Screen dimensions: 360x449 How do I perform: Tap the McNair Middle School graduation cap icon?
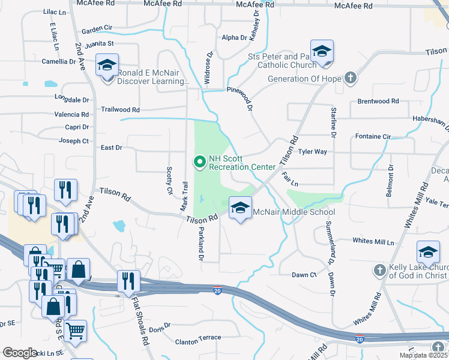pyautogui.click(x=240, y=208)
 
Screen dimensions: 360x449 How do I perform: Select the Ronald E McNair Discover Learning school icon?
pyautogui.click(x=107, y=66)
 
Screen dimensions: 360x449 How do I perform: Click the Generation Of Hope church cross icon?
pyautogui.click(x=351, y=79)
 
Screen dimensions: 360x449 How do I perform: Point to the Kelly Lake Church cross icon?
pyautogui.click(x=379, y=270)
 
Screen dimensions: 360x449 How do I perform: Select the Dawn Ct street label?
pyautogui.click(x=304, y=275)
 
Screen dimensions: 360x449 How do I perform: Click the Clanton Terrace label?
pyautogui.click(x=198, y=338)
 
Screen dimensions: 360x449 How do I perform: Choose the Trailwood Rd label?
pyautogui.click(x=120, y=110)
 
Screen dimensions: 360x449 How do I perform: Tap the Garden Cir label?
pyautogui.click(x=97, y=28)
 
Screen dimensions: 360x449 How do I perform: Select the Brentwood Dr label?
pyautogui.click(x=378, y=101)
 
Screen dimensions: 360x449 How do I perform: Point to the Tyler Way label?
pyautogui.click(x=313, y=152)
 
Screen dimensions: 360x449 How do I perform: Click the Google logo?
pyautogui.click(x=20, y=353)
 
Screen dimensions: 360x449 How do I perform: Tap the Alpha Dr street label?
pyautogui.click(x=234, y=37)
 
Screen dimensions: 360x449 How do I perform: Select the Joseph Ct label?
pyautogui.click(x=74, y=141)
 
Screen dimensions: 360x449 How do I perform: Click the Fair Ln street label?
pyautogui.click(x=290, y=179)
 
